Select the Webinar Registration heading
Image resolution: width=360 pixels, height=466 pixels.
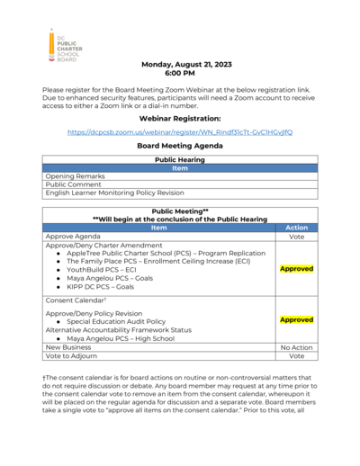click(180, 118)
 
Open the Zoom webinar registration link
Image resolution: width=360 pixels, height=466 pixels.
click(180, 131)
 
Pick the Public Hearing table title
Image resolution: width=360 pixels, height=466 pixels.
click(180, 159)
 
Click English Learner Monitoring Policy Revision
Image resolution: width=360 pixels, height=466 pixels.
click(114, 193)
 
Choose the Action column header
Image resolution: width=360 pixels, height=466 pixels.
click(296, 228)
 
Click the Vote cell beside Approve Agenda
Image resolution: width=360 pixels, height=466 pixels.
click(296, 237)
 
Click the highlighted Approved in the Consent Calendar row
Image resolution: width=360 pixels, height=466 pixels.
click(296, 319)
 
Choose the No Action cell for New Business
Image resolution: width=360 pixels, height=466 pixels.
click(296, 346)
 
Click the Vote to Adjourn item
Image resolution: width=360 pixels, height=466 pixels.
click(73, 355)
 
